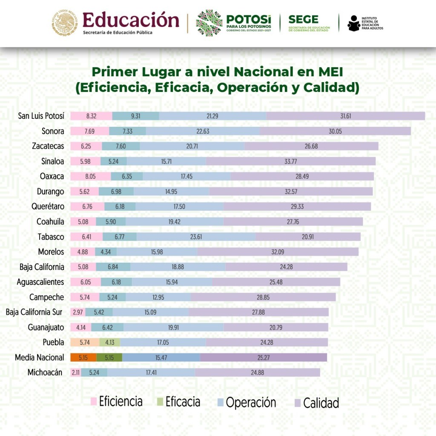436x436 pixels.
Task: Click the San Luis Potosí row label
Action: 41,116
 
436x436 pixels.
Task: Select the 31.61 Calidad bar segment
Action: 346,116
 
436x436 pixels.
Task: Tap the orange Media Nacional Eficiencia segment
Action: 83,358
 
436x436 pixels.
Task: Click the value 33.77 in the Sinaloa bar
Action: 291,161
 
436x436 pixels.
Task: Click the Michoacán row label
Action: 45,373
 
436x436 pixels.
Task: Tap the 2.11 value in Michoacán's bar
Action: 75,373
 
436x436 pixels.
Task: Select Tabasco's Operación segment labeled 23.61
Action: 196,237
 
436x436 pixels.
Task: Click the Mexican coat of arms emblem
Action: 66,23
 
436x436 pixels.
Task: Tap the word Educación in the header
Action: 131,20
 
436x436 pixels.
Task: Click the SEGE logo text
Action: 303,20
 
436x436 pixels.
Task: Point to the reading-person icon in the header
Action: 353,23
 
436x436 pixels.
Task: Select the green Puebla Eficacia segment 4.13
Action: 110,342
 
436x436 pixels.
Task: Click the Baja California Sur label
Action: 34,312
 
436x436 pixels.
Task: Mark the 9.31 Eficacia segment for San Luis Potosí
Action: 136,116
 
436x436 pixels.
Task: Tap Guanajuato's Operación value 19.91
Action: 173,327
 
